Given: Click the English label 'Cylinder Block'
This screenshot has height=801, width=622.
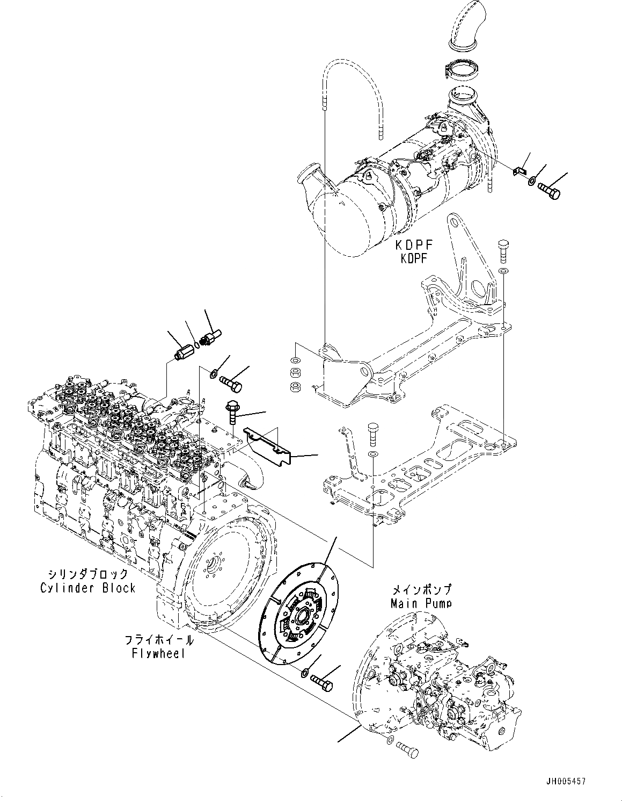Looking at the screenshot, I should [x=87, y=588].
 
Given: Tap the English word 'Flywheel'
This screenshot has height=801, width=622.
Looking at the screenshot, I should [x=158, y=653].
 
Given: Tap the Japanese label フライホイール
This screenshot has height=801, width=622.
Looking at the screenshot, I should [x=159, y=640].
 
